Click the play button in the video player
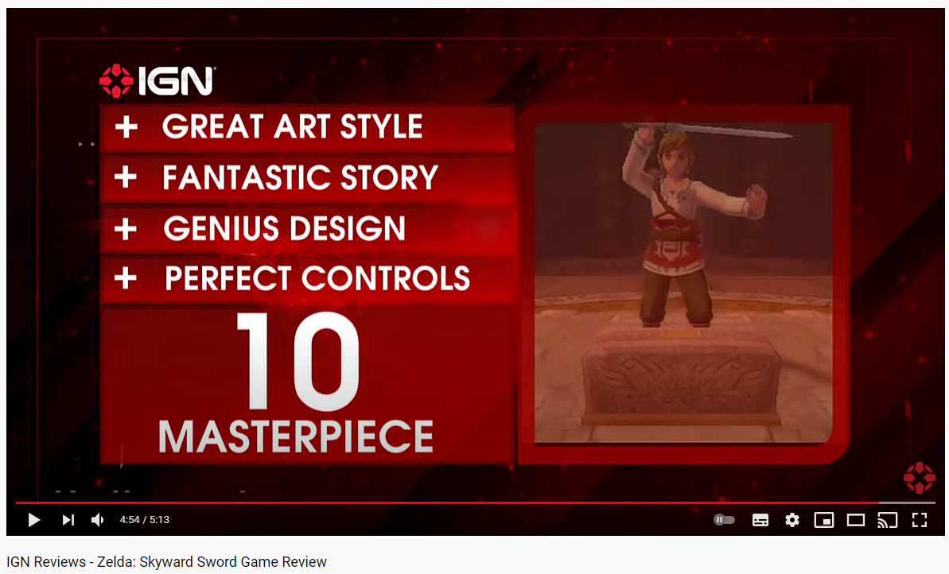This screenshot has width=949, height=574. point(34,520)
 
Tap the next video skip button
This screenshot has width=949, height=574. point(68,520)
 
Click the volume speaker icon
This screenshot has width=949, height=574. point(97,520)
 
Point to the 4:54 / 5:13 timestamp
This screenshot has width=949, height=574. point(145,520)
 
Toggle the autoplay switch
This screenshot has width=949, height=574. point(724,520)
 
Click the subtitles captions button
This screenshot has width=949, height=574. point(760,520)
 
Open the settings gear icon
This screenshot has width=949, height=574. point(792,520)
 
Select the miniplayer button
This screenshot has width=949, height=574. point(824,520)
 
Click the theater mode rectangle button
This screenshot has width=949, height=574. point(856,520)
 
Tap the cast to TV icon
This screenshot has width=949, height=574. point(887,520)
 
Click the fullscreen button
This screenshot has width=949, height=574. point(920,520)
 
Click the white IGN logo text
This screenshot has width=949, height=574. point(176,81)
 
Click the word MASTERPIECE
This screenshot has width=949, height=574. point(296,436)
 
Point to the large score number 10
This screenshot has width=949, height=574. point(298,361)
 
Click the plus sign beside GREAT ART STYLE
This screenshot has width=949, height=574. point(126,127)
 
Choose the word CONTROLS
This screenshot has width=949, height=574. point(386,278)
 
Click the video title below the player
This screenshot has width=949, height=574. point(166,562)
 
